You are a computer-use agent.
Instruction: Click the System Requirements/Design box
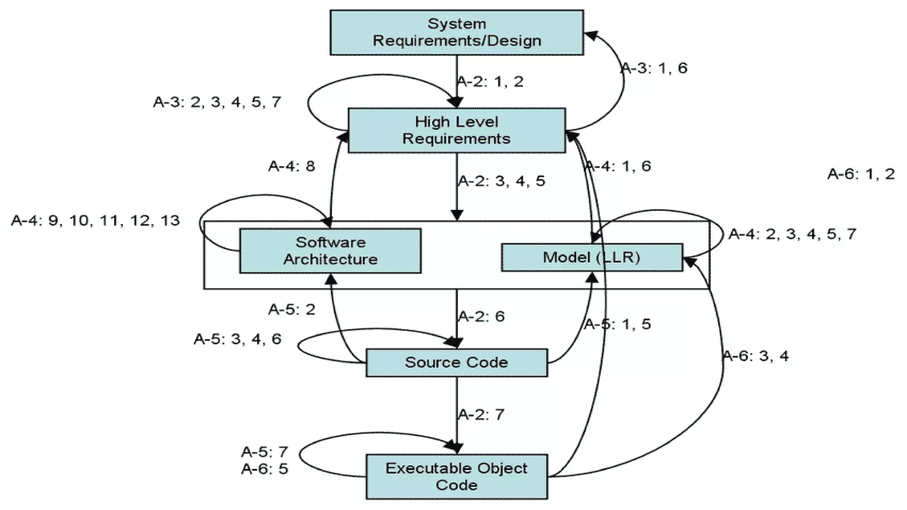click(x=457, y=32)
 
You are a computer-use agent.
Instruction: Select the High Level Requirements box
click(x=457, y=130)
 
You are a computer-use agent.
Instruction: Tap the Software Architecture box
click(x=330, y=251)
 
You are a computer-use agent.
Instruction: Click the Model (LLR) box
click(x=592, y=257)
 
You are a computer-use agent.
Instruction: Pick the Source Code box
click(x=457, y=363)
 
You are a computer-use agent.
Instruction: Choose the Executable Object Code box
click(x=457, y=476)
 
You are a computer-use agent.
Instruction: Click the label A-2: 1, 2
click(x=490, y=81)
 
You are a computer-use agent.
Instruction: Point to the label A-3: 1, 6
click(x=655, y=68)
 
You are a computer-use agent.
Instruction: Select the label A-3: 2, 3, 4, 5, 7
click(x=217, y=102)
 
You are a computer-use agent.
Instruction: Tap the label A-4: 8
click(x=291, y=166)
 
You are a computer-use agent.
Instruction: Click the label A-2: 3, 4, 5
click(x=501, y=181)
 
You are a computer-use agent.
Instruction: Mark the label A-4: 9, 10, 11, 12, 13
click(x=96, y=220)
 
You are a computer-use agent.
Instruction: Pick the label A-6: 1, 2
click(x=861, y=174)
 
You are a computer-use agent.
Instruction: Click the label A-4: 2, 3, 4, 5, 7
click(x=792, y=234)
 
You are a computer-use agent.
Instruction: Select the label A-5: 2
click(x=292, y=309)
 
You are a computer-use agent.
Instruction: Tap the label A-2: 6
click(x=481, y=317)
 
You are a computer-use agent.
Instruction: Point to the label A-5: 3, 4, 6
click(x=238, y=339)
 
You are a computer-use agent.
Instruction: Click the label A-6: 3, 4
click(x=756, y=356)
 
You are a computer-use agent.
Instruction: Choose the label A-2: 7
click(x=481, y=415)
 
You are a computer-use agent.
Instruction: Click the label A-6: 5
click(x=265, y=469)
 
